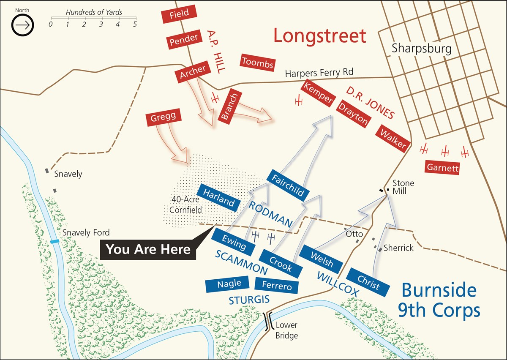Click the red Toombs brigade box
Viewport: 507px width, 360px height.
258,63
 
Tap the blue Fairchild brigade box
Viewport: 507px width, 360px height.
288,186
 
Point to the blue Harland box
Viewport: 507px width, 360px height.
219,198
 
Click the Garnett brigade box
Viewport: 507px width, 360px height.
442,168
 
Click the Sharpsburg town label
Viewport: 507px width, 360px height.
421,48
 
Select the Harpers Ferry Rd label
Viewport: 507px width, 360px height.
319,73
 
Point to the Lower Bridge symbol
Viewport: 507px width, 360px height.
268,322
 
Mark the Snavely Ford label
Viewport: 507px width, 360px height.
86,232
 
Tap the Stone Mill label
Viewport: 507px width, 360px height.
403,187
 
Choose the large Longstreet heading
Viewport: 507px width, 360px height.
319,36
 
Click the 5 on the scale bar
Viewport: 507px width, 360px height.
135,25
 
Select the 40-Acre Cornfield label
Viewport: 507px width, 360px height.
185,204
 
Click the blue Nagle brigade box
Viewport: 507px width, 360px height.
229,284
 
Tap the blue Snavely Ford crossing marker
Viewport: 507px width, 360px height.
55,241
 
